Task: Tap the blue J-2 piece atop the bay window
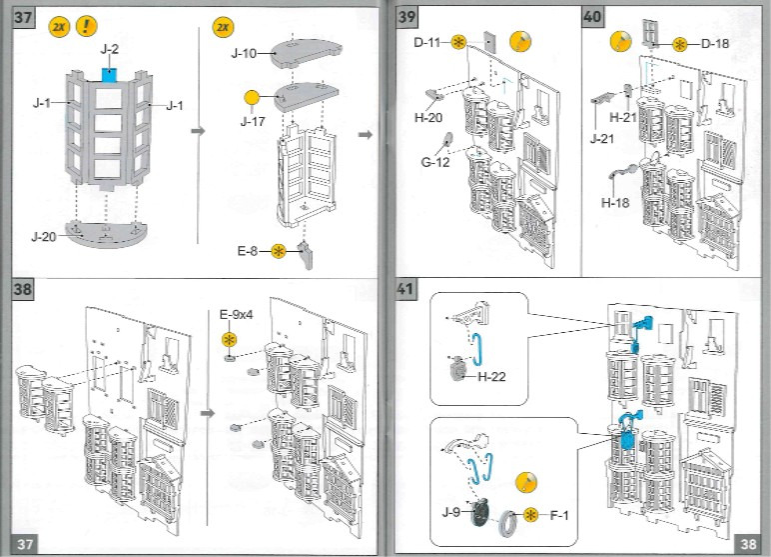[x=110, y=74]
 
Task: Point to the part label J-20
[x=43, y=236]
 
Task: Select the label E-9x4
[x=236, y=314]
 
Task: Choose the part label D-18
[x=716, y=43]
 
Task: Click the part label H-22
[x=492, y=377]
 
